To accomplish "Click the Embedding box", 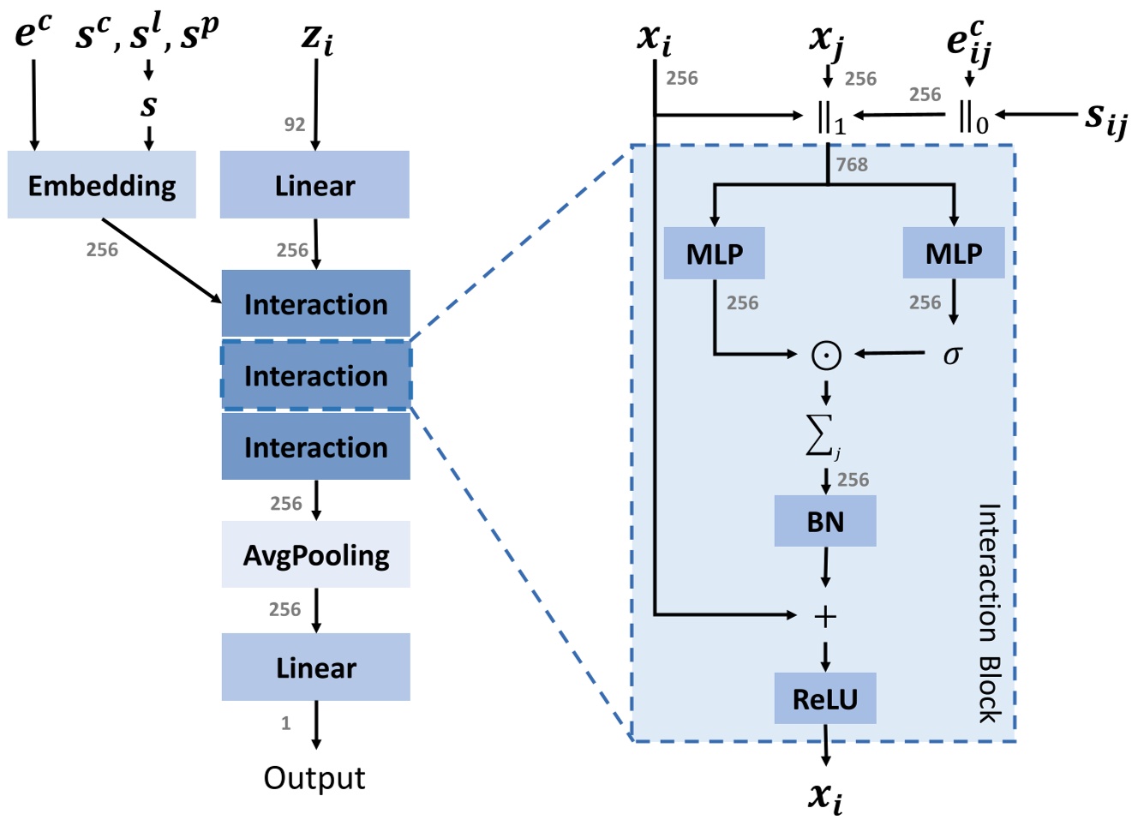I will point(101,185).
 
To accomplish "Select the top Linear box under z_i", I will point(314,185).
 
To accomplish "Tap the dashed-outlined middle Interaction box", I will point(316,375).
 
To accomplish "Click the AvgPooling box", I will point(316,555).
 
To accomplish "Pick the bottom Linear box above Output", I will point(316,667).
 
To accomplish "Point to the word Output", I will point(314,778).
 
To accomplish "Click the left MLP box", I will point(714,254).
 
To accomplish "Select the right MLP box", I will point(954,254).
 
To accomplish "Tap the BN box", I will point(825,522).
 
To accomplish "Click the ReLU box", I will point(825,699).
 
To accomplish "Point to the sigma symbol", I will point(952,354).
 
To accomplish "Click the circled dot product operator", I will point(826,355).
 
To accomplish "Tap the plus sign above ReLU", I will point(825,616).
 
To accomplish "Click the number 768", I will point(852,165).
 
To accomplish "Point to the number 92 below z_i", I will point(295,125).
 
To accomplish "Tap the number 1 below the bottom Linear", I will point(286,723).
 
